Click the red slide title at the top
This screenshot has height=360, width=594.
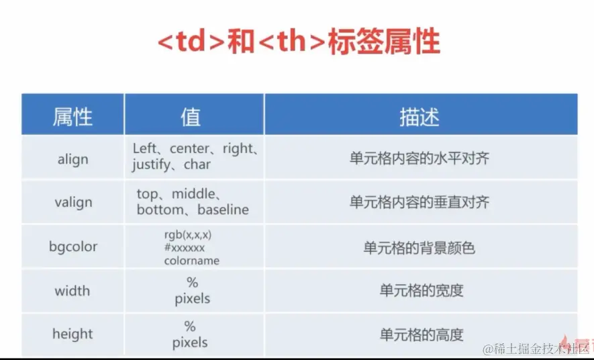299,41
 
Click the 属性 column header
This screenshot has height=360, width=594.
72,116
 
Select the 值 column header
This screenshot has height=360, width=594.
191,116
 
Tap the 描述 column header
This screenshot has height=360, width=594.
419,117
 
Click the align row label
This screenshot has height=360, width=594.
72,159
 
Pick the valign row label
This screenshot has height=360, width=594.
73,202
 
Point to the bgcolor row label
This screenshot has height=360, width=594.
73,246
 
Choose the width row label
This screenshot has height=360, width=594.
72,291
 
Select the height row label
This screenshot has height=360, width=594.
72,334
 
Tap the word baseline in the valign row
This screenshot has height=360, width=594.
223,210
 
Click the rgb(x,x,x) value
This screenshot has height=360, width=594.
188,235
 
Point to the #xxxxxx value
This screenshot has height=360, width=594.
185,248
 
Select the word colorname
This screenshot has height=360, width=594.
192,261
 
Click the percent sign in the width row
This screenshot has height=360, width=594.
193,282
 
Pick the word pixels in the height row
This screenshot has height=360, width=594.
190,343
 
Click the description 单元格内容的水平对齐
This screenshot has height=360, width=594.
419,158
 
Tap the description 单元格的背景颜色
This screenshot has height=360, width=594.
419,248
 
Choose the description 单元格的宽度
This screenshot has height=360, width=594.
422,291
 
